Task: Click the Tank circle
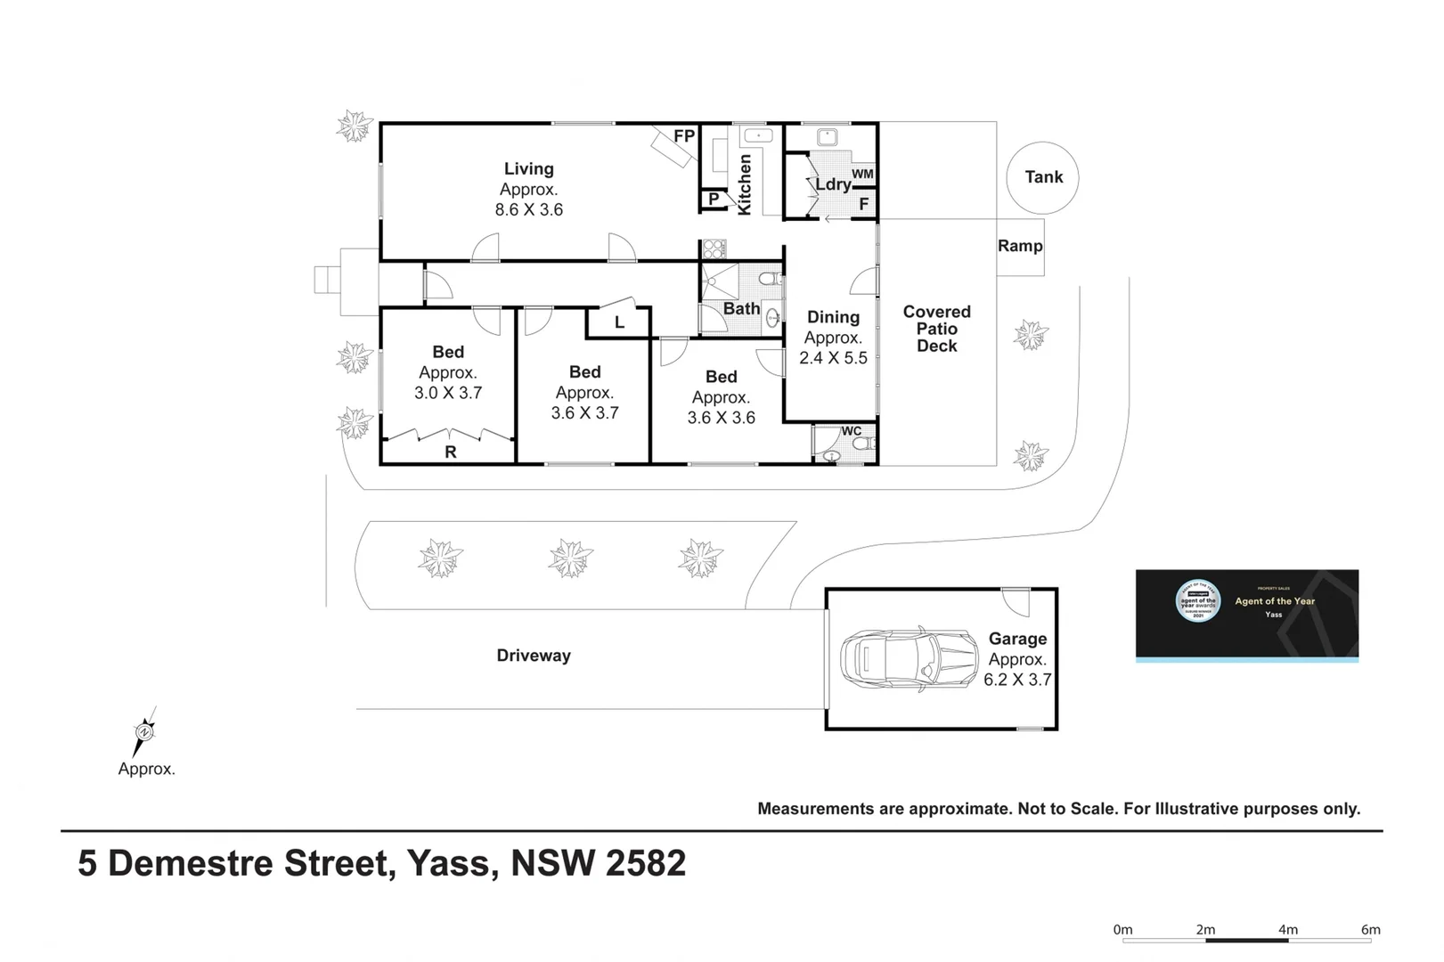tap(1042, 177)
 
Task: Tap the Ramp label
tap(1020, 246)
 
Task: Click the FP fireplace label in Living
tap(684, 136)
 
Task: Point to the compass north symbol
tap(144, 731)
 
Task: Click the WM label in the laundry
tap(862, 174)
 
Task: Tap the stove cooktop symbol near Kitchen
tap(714, 249)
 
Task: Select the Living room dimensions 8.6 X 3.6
tap(529, 210)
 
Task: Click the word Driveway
tap(534, 656)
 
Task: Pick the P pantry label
tap(714, 200)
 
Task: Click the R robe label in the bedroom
tap(450, 452)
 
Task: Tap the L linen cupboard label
tap(619, 322)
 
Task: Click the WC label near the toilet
tap(852, 431)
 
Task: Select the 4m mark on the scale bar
tap(1288, 929)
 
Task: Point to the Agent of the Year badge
tap(1246, 615)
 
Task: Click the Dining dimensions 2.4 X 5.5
tap(833, 358)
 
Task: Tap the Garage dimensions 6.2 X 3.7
tap(1017, 680)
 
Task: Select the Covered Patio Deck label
tap(936, 329)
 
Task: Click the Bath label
tap(741, 309)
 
